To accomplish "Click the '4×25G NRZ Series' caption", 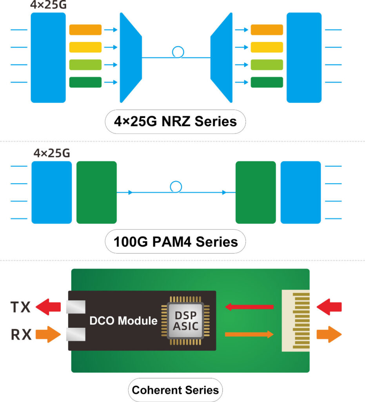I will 175,121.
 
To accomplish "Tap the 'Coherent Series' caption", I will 175,390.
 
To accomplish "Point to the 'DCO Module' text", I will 123,321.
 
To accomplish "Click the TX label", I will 20,307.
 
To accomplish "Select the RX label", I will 20,334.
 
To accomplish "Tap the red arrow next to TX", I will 49,306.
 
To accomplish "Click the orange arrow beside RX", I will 49,334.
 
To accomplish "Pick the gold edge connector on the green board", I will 296,321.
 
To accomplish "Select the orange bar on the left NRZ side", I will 85,30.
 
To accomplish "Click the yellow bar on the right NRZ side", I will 267,47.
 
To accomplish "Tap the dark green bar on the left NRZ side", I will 85,82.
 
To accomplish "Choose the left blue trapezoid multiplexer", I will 130,57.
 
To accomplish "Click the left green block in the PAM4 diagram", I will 96,192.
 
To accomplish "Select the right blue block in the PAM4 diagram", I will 301,192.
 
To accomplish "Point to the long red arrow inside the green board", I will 249,307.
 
